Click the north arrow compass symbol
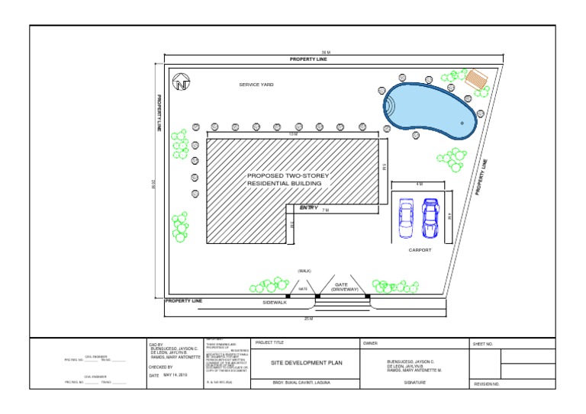[182, 83]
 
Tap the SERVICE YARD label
[256, 85]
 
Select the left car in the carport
[407, 218]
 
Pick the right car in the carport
[430, 218]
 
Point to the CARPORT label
[420, 250]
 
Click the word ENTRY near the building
[308, 207]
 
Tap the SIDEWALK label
[275, 303]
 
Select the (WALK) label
[304, 271]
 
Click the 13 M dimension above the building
[293, 134]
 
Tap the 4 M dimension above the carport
[419, 185]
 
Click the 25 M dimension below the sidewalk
[307, 318]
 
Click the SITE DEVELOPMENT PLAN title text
[304, 363]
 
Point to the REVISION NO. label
[486, 384]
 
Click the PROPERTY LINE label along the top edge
[307, 59]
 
